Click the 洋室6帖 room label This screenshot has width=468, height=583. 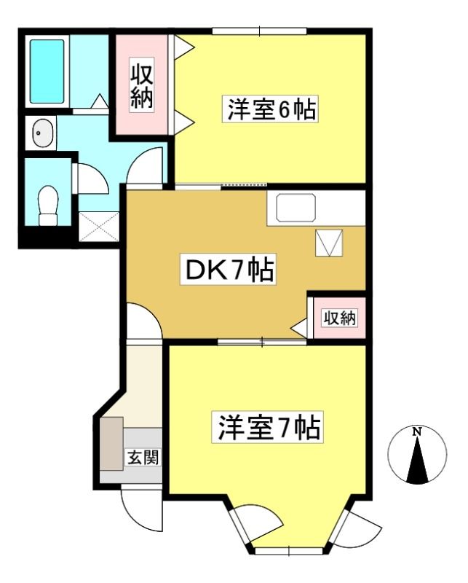tap(271, 109)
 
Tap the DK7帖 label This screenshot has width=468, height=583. tap(229, 270)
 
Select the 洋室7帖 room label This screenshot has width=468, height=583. tap(267, 427)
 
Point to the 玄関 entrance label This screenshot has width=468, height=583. tap(143, 457)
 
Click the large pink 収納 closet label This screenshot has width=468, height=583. tap(141, 85)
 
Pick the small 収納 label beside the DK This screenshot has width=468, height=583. tap(339, 318)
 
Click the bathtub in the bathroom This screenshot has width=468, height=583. tap(47, 71)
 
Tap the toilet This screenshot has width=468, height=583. tap(48, 206)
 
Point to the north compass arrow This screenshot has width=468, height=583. tap(418, 460)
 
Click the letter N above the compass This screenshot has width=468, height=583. tap(418, 431)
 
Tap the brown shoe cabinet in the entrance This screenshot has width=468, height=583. tap(111, 443)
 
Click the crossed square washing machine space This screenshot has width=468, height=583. tap(99, 227)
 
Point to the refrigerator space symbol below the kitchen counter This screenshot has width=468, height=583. tap(329, 243)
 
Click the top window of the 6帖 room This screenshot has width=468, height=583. tap(260, 31)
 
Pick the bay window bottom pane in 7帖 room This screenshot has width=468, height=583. tap(289, 551)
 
